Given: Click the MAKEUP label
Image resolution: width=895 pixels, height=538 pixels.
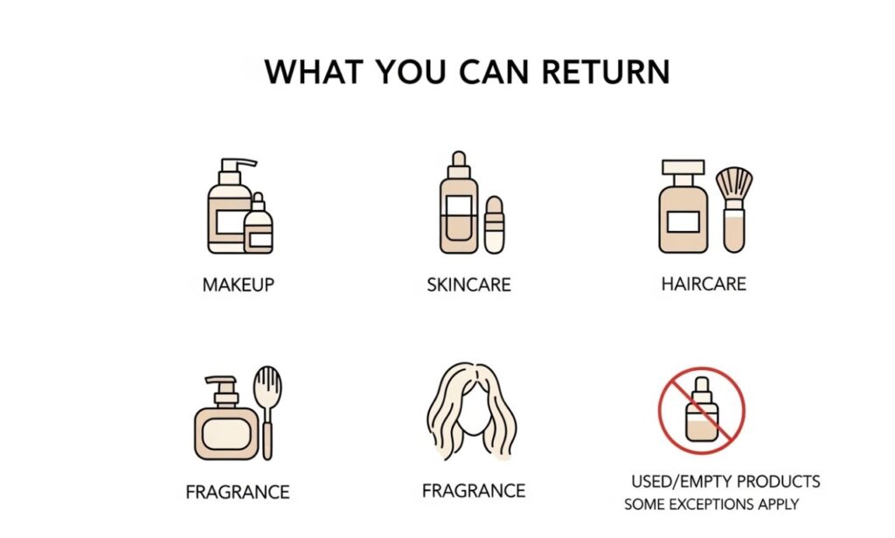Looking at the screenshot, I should [238, 285].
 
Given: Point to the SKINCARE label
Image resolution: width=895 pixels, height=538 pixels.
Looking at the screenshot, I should [468, 285].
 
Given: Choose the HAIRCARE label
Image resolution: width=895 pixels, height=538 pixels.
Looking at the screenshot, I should [704, 284].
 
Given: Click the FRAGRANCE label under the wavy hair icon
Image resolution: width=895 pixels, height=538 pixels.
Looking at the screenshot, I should [473, 491].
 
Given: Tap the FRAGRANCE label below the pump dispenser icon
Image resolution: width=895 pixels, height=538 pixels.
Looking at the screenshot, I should [238, 492].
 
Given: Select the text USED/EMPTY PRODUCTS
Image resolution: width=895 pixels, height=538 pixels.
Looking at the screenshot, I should [725, 482].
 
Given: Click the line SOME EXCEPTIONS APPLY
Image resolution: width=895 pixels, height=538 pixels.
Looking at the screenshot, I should [711, 505].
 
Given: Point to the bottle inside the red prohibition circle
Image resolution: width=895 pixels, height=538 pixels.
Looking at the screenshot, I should [702, 411].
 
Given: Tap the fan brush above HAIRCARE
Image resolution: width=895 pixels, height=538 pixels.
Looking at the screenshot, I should [733, 206].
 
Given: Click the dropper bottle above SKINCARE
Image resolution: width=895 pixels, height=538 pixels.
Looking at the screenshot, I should [457, 206].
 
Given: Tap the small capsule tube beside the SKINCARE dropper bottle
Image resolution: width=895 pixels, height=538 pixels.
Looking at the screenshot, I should [494, 225].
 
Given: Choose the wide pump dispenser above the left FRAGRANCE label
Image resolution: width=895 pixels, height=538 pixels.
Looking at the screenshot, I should [225, 422].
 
